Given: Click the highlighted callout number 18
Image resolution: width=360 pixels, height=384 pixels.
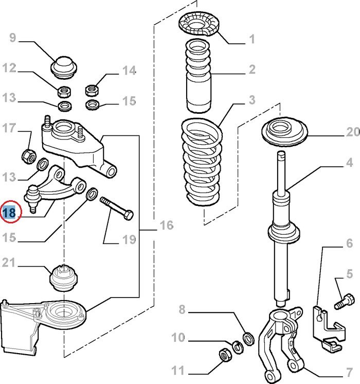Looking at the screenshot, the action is coord(9,212).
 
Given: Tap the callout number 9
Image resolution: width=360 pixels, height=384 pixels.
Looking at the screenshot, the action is coord(13,38).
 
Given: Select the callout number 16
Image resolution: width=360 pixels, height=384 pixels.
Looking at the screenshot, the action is coord(167,225).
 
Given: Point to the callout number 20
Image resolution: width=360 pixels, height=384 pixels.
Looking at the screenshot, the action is coord(353,132).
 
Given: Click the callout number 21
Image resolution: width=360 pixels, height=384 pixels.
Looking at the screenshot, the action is coord(9,263).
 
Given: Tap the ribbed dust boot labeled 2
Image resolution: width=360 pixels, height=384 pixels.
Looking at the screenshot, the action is coord(198,76).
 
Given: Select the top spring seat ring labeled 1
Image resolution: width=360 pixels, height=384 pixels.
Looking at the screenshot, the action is coord(199,25).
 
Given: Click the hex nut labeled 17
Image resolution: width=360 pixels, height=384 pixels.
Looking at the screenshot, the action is coord(29,156).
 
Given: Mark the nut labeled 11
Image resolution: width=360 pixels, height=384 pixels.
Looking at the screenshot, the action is coord(225,355).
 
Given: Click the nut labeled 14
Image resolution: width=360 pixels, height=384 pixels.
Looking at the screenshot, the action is coord(92,90).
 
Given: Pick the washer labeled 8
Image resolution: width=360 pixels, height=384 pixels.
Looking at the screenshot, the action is coord(248,339).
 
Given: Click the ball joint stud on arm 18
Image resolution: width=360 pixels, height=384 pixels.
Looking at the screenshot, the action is coord(33,200).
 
